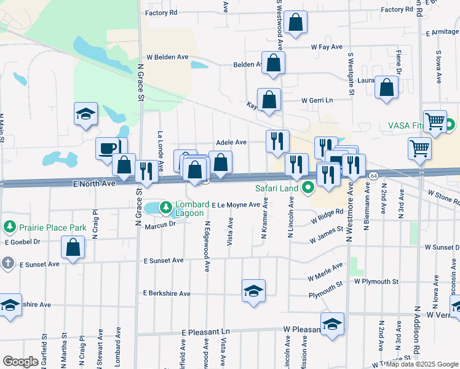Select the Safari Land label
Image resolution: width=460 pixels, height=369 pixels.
277,188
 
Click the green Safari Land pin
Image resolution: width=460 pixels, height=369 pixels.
306,188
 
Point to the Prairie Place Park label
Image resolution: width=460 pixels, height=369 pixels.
52,228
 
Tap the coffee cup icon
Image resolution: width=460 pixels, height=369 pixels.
108,148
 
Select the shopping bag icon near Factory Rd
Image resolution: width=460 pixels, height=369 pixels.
295,23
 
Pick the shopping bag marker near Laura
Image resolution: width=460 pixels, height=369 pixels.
387,87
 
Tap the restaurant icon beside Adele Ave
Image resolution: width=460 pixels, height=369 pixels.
277,141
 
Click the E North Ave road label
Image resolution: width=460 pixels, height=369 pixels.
95,183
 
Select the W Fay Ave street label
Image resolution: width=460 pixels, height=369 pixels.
327,47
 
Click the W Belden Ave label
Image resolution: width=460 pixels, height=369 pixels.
167,57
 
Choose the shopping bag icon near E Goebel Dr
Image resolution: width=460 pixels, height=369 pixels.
73,248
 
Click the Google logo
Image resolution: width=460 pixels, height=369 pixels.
21,362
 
